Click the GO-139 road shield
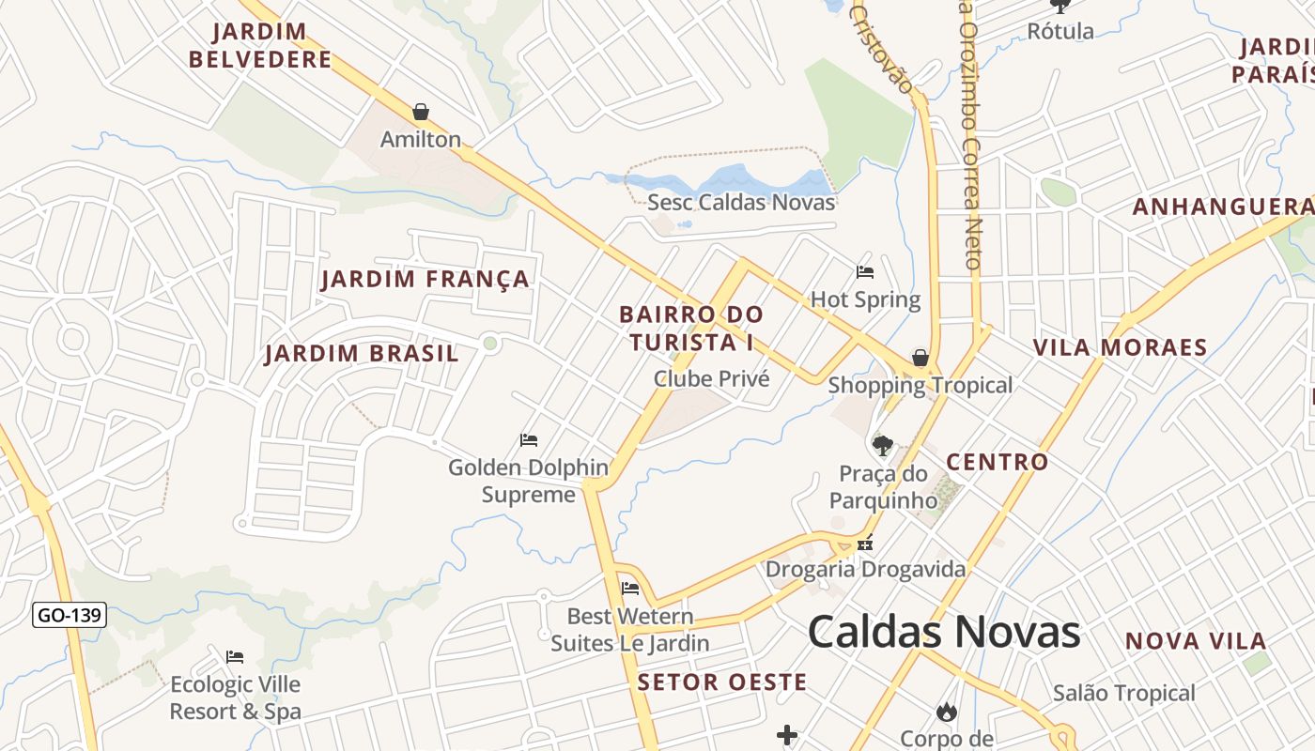pyautogui.click(x=70, y=616)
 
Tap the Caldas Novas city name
pyautogui.click(x=944, y=632)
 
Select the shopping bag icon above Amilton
pyautogui.click(x=421, y=113)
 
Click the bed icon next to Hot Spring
pyautogui.click(x=865, y=273)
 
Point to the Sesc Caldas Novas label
pyautogui.click(x=741, y=202)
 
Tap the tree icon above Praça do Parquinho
pyautogui.click(x=882, y=445)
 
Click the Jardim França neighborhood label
pyautogui.click(x=425, y=279)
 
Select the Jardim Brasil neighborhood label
pyautogui.click(x=362, y=354)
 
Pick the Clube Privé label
pyautogui.click(x=711, y=378)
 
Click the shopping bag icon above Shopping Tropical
pyautogui.click(x=920, y=358)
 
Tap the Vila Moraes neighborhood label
pyautogui.click(x=1120, y=347)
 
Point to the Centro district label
pyautogui.click(x=997, y=462)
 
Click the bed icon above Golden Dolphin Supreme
pyautogui.click(x=529, y=439)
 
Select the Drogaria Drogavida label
pyautogui.click(x=865, y=569)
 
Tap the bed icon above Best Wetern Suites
pyautogui.click(x=630, y=589)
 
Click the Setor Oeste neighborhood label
pyautogui.click(x=721, y=682)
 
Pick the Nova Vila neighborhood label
pyautogui.click(x=1196, y=641)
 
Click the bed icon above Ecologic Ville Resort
pyautogui.click(x=235, y=657)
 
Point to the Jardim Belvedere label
pyautogui.click(x=260, y=45)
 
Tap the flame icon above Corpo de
pyautogui.click(x=947, y=712)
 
